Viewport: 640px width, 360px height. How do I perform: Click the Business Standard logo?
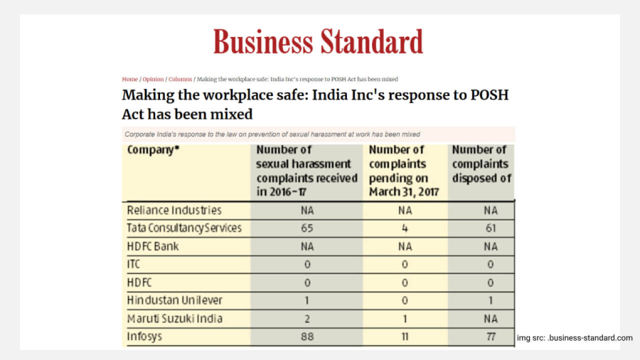318,42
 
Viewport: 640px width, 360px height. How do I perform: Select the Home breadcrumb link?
130,79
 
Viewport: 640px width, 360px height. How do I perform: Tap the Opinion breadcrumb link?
153,79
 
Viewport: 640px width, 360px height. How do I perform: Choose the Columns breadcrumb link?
180,79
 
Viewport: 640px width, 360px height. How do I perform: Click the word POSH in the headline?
489,95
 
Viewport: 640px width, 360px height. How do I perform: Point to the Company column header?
153,150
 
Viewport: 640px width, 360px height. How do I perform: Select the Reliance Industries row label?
174,210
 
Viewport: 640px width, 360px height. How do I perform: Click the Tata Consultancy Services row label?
184,228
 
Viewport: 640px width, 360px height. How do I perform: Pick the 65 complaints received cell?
307,228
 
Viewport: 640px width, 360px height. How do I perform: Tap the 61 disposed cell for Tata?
491,228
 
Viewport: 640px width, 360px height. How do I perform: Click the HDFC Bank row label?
153,247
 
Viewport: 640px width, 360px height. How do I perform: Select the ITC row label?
134,265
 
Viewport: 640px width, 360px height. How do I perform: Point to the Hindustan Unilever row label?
175,300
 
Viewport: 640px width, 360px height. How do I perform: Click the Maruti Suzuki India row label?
175,318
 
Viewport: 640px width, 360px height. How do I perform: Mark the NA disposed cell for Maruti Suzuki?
491,318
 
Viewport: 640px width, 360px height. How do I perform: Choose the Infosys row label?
144,337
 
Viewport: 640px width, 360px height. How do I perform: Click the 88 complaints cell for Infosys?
307,337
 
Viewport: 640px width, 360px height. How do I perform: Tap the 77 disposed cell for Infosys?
491,337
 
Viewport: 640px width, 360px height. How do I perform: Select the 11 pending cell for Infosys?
405,337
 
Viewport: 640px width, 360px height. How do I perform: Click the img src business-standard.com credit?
575,338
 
